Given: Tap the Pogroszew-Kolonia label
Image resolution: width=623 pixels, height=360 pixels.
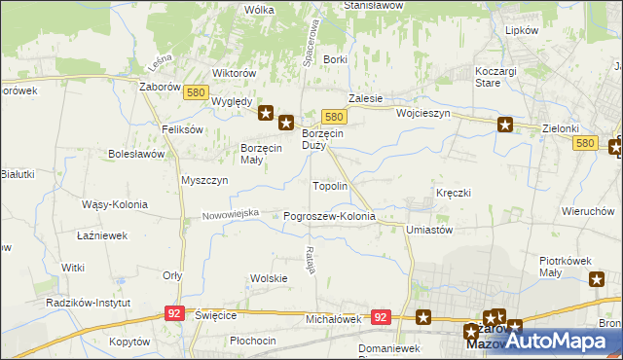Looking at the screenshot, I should [x=329, y=216].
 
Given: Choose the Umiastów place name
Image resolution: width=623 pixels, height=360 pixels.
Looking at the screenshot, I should [x=429, y=230].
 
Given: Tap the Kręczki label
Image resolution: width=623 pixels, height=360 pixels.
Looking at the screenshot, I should [x=453, y=193].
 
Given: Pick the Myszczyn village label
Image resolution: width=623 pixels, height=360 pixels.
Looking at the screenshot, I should [x=204, y=180].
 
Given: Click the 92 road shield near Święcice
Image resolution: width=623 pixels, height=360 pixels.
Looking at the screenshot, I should [x=174, y=313].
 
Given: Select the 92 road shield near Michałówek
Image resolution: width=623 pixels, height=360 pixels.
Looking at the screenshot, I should [x=381, y=317].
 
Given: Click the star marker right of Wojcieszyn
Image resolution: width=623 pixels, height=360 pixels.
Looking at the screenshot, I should [x=505, y=124].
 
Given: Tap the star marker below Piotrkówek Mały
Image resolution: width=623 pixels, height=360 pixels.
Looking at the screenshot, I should [x=597, y=280].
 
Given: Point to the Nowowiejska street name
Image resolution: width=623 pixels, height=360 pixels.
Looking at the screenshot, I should [x=231, y=213].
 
